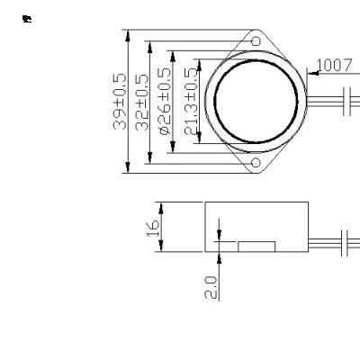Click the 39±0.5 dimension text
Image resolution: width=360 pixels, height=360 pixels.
click(120, 102)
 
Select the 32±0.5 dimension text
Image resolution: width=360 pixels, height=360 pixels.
click(141, 102)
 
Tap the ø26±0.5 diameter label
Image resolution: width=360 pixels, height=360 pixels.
click(165, 102)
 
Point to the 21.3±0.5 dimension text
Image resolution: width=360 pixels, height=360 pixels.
click(189, 102)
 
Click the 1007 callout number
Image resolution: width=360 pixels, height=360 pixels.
click(334, 65)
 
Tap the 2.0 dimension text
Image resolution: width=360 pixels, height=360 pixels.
click(211, 287)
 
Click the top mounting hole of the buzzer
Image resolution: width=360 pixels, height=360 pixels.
click(256, 41)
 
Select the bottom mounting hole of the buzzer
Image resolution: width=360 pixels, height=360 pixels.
click(256, 163)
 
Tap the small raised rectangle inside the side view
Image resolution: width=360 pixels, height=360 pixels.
click(256, 245)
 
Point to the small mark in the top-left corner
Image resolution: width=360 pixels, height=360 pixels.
click(27, 18)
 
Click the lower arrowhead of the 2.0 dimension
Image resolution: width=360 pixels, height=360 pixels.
click(219, 253)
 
